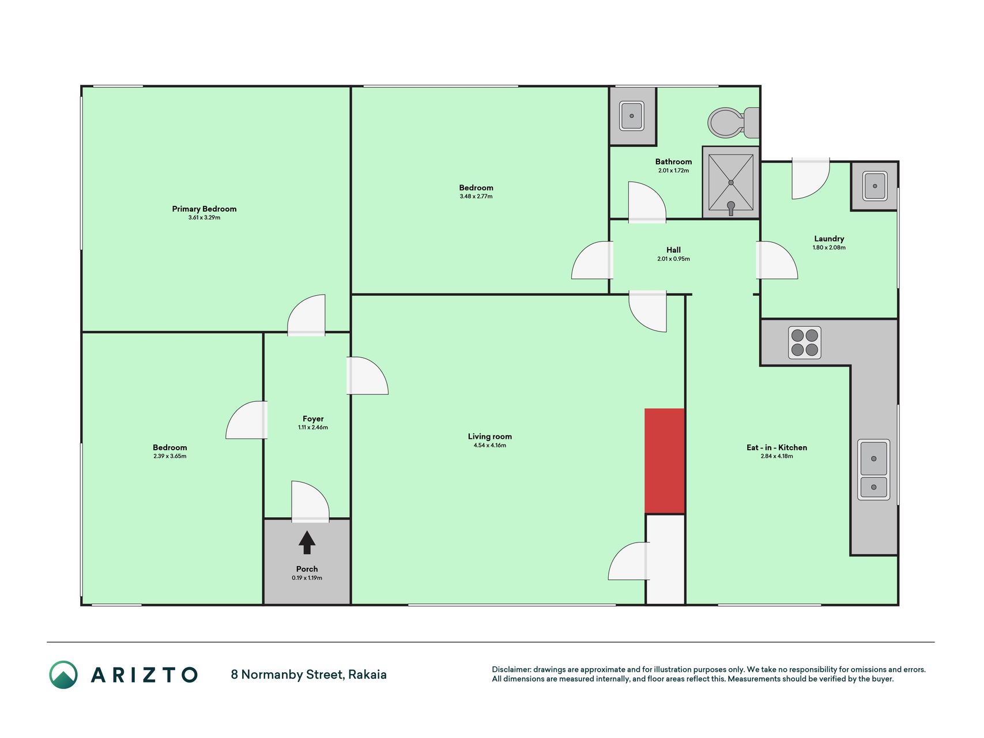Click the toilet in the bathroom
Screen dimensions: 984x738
pos(733,123)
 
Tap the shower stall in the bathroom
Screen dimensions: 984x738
pos(731,182)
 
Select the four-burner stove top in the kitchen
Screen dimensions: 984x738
pos(805,342)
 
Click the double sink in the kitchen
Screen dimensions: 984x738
pos(874,469)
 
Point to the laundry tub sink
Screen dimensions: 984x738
pos(874,186)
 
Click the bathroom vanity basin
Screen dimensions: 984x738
pos(632,116)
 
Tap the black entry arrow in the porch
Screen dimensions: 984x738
pos(307,543)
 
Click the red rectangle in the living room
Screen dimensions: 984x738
pos(665,461)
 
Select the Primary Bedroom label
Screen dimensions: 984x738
pos(204,209)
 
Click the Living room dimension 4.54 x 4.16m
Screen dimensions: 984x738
pos(490,445)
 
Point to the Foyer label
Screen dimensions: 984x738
pos(313,419)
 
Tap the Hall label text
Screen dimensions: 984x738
pos(673,250)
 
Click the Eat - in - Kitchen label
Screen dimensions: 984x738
pos(776,447)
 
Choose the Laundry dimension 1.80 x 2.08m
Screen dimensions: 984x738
pos(829,247)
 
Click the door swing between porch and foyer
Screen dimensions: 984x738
pos(310,501)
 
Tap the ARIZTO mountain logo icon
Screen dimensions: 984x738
pos(63,675)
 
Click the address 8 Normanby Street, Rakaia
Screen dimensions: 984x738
pos(308,675)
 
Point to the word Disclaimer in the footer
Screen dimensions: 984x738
pos(511,669)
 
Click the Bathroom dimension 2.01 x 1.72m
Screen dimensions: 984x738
pos(673,171)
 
